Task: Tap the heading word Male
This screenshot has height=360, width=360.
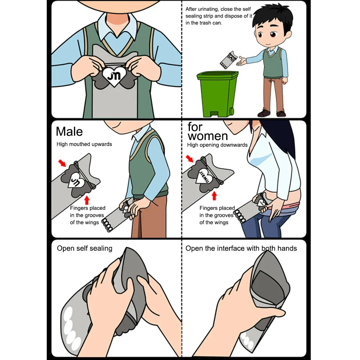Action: click(x=69, y=131)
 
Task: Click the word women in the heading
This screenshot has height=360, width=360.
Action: click(x=208, y=136)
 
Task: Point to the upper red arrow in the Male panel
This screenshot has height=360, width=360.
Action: click(x=63, y=163)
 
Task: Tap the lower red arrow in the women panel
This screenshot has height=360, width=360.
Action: click(x=214, y=196)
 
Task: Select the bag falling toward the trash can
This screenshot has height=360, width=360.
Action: click(x=228, y=60)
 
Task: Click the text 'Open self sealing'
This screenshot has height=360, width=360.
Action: click(x=85, y=249)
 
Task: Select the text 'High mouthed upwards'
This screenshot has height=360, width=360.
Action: click(x=84, y=144)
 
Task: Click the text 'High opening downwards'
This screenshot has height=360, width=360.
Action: click(x=217, y=145)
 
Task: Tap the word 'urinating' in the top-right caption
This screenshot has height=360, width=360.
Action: click(x=211, y=9)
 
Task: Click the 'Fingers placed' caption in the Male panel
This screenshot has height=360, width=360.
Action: click(x=87, y=208)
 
